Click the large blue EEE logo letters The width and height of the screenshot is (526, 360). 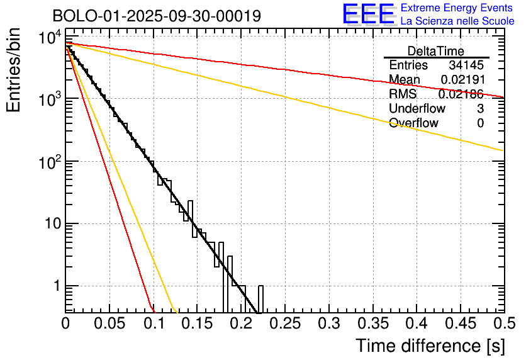(x=369, y=14)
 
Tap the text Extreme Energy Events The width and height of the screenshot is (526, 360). (x=457, y=8)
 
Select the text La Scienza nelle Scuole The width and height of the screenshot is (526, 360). (x=457, y=21)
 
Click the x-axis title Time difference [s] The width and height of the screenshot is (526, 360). (x=430, y=346)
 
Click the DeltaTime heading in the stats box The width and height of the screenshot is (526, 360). (x=436, y=51)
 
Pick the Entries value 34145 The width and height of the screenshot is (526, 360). (x=466, y=65)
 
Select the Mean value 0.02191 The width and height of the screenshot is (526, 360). (x=462, y=80)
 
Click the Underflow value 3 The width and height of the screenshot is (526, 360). (x=480, y=109)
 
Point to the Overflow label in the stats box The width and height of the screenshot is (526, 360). (x=413, y=123)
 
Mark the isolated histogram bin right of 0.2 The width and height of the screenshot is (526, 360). (x=260, y=299)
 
